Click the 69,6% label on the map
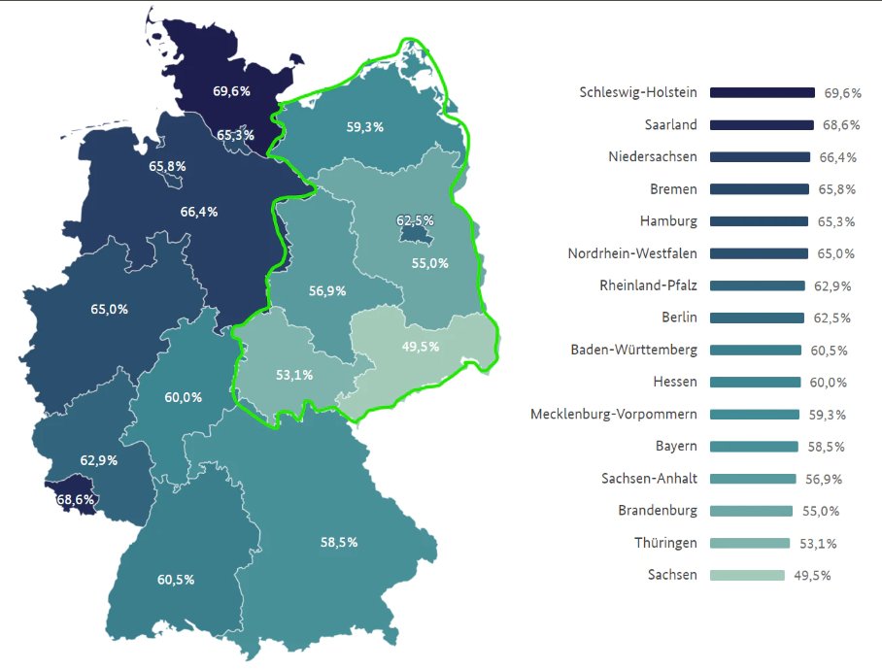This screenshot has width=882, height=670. click(x=231, y=91)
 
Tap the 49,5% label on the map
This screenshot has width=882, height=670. click(x=420, y=347)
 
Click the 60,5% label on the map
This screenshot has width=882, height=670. click(x=176, y=580)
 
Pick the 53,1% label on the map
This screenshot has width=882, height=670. click(x=293, y=375)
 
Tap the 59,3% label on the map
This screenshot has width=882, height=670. click(x=364, y=126)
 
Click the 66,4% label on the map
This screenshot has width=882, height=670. click(x=199, y=211)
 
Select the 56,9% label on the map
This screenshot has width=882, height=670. click(x=327, y=290)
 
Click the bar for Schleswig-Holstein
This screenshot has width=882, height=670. click(x=762, y=93)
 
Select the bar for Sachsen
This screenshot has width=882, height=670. click(x=747, y=575)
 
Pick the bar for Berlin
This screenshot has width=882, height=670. click(x=757, y=318)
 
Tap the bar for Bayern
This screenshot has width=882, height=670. click(x=754, y=447)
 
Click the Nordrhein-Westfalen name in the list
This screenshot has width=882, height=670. click(x=632, y=253)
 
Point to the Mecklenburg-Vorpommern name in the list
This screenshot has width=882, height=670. click(x=613, y=415)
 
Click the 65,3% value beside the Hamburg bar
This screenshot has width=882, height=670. click(x=835, y=221)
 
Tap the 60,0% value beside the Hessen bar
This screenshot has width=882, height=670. click(x=828, y=383)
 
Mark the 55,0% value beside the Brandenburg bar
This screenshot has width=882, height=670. click(x=820, y=511)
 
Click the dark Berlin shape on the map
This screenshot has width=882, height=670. click(x=415, y=233)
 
